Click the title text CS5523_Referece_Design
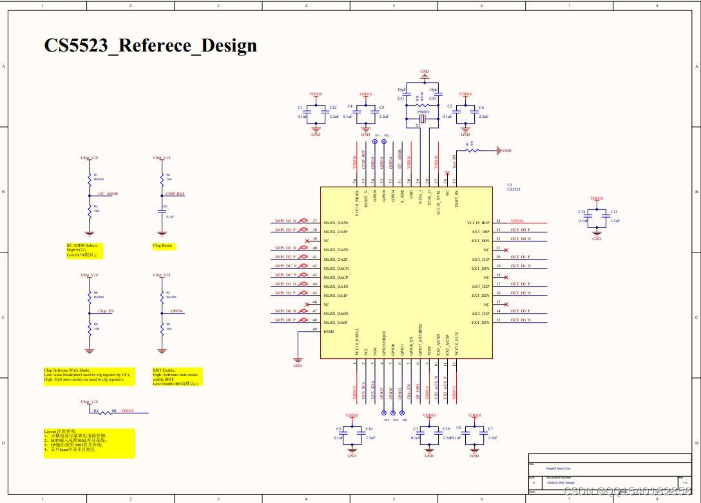(x=150, y=46)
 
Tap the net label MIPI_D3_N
(x=285, y=221)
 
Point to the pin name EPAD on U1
(x=329, y=330)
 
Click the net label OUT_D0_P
(x=519, y=230)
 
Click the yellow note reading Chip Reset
(x=163, y=246)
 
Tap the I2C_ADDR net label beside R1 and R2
(x=108, y=193)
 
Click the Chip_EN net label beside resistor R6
(x=106, y=311)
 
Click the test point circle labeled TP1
(x=375, y=141)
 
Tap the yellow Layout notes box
(x=90, y=443)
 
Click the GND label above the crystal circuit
(x=424, y=71)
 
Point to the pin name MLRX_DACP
(x=336, y=276)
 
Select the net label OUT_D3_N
(x=520, y=320)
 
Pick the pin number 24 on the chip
(x=498, y=221)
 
